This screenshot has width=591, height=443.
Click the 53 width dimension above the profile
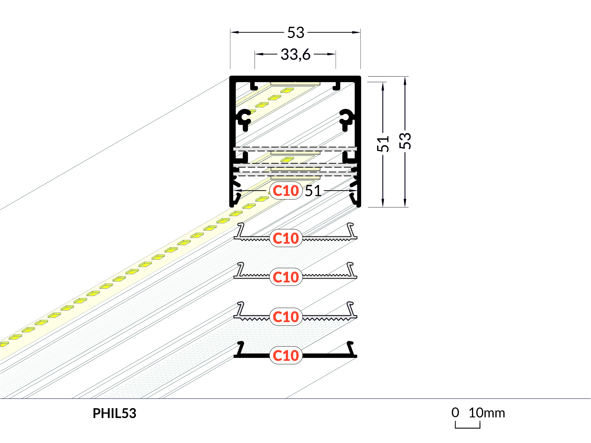pyautogui.click(x=295, y=32)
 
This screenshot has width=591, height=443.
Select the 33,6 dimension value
pyautogui.click(x=295, y=54)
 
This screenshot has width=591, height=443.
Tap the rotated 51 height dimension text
pyautogui.click(x=383, y=144)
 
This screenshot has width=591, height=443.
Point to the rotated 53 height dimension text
pyautogui.click(x=405, y=141)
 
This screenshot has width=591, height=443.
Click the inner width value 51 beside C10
pyautogui.click(x=313, y=191)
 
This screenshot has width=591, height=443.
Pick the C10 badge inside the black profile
pyautogui.click(x=286, y=191)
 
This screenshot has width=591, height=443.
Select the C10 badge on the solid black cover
pyautogui.click(x=286, y=356)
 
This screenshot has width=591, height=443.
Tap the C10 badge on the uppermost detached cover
pyautogui.click(x=286, y=238)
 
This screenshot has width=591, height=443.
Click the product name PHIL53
pyautogui.click(x=115, y=413)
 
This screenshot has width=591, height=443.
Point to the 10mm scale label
pyautogui.click(x=487, y=413)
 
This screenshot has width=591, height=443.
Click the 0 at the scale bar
pyautogui.click(x=455, y=413)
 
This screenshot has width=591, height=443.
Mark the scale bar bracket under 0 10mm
pyautogui.click(x=468, y=428)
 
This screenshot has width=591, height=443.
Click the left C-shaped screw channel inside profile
pyautogui.click(x=244, y=119)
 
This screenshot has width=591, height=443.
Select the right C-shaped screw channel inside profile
pyautogui.click(x=346, y=119)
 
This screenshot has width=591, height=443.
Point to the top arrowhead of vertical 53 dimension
pyautogui.click(x=405, y=81)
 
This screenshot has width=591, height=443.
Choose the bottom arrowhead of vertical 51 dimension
pyautogui.click(x=383, y=202)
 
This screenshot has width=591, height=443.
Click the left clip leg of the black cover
pyautogui.click(x=240, y=349)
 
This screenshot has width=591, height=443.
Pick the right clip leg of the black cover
pyautogui.click(x=351, y=349)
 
